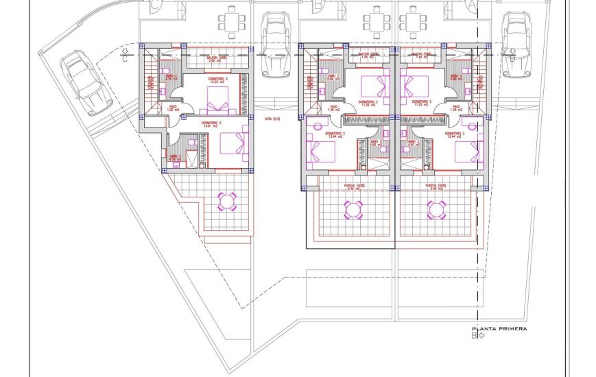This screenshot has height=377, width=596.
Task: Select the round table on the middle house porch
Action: [x=353, y=209]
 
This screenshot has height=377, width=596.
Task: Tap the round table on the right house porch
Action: [x=436, y=209]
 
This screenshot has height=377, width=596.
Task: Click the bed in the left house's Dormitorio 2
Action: [x=221, y=104]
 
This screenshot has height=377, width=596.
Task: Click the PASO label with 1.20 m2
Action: [x=174, y=109]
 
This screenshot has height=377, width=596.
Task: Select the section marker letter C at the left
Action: [x=124, y=58]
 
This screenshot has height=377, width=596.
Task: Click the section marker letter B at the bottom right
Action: [x=473, y=335]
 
